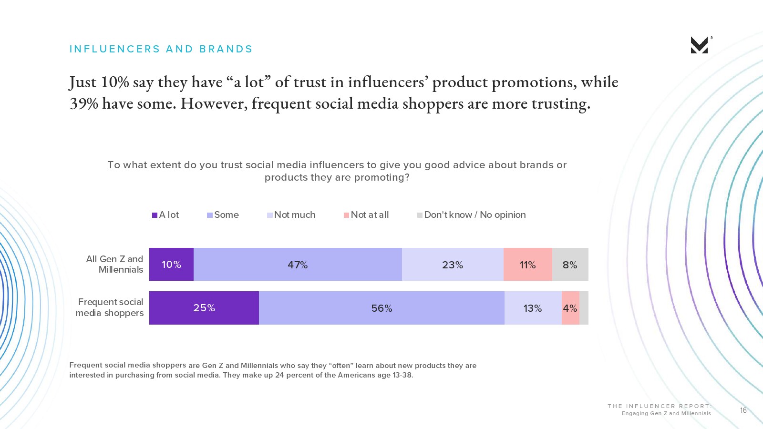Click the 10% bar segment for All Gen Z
[171, 265]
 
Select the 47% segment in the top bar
[298, 265]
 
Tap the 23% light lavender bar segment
[453, 265]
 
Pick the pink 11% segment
[527, 265]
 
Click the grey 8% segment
[570, 265]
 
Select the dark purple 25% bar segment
[204, 308]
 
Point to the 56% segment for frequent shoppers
[381, 308]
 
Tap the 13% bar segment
[533, 308]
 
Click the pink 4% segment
[570, 308]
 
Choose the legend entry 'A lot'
[165, 215]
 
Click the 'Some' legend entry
[223, 215]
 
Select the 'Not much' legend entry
[291, 215]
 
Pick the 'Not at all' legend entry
[366, 215]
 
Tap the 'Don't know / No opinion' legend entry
[471, 215]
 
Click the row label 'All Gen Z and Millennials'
[115, 264]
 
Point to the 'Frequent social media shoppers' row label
[110, 307]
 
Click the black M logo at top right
[699, 45]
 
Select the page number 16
[743, 410]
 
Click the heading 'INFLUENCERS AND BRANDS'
[161, 49]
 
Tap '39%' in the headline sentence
[84, 103]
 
